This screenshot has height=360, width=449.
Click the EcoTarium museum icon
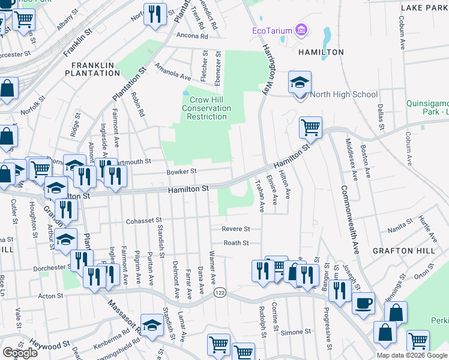tap(301, 30)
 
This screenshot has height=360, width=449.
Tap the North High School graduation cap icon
tap(300, 82)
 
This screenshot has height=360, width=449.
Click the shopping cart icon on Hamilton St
tap(310, 127)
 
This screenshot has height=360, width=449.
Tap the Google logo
tap(20, 353)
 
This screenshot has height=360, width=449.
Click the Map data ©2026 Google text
tap(412, 355)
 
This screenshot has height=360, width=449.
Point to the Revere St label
tap(236, 229)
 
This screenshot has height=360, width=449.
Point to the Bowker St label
tap(182, 172)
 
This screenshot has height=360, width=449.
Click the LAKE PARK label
tap(424, 8)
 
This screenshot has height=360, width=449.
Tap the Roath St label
tap(237, 243)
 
